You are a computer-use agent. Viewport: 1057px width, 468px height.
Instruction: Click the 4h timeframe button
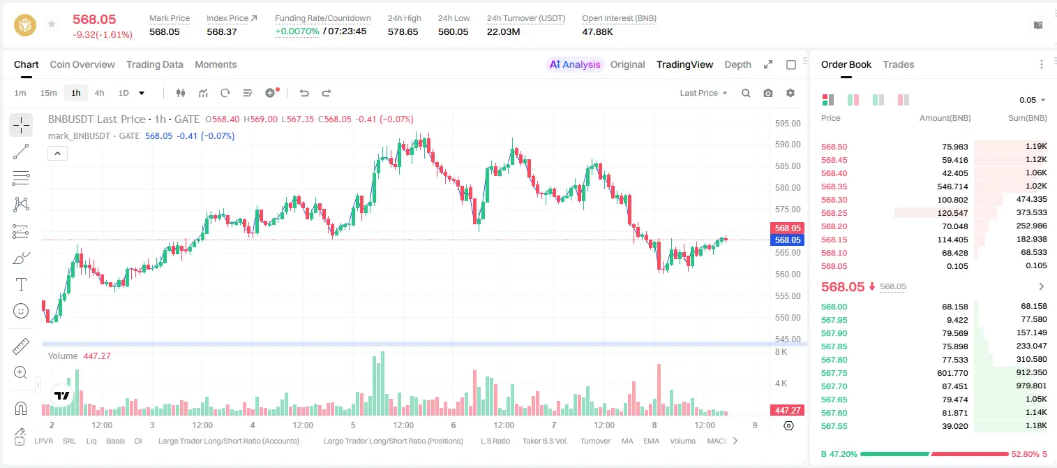pos(99,93)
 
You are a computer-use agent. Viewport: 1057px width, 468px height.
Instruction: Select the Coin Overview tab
pos(82,64)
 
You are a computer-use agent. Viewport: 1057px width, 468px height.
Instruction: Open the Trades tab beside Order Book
pos(899,64)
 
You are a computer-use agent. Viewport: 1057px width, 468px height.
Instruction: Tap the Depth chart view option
pos(737,64)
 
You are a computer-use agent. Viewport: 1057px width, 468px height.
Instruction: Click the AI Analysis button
pos(575,64)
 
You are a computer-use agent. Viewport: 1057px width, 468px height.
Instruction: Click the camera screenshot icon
pos(768,93)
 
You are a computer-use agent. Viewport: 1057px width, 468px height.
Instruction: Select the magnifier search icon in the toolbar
pos(746,93)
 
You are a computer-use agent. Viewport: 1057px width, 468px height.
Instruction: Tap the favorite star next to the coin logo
pos(52,24)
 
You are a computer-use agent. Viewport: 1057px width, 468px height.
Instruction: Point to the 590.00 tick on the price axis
pos(788,145)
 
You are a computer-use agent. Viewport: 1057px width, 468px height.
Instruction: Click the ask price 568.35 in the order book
pos(834,187)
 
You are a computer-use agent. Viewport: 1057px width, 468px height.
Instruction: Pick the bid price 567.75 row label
pos(834,373)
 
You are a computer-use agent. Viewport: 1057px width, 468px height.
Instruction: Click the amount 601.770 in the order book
pos(952,373)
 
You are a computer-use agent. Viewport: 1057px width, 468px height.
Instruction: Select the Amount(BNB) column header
pos(945,118)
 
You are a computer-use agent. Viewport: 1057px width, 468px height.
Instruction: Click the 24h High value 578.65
pos(403,31)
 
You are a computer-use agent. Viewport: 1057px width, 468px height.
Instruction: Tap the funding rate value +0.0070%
pos(297,31)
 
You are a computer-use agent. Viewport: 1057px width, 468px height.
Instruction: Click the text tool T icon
pos(21,284)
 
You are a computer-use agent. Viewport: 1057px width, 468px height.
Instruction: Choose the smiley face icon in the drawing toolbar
pos(21,311)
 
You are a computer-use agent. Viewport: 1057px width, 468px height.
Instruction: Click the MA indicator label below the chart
pos(627,441)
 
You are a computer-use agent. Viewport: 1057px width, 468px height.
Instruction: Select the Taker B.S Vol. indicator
pos(544,441)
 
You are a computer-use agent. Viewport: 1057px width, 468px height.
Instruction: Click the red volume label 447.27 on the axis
pos(788,411)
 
